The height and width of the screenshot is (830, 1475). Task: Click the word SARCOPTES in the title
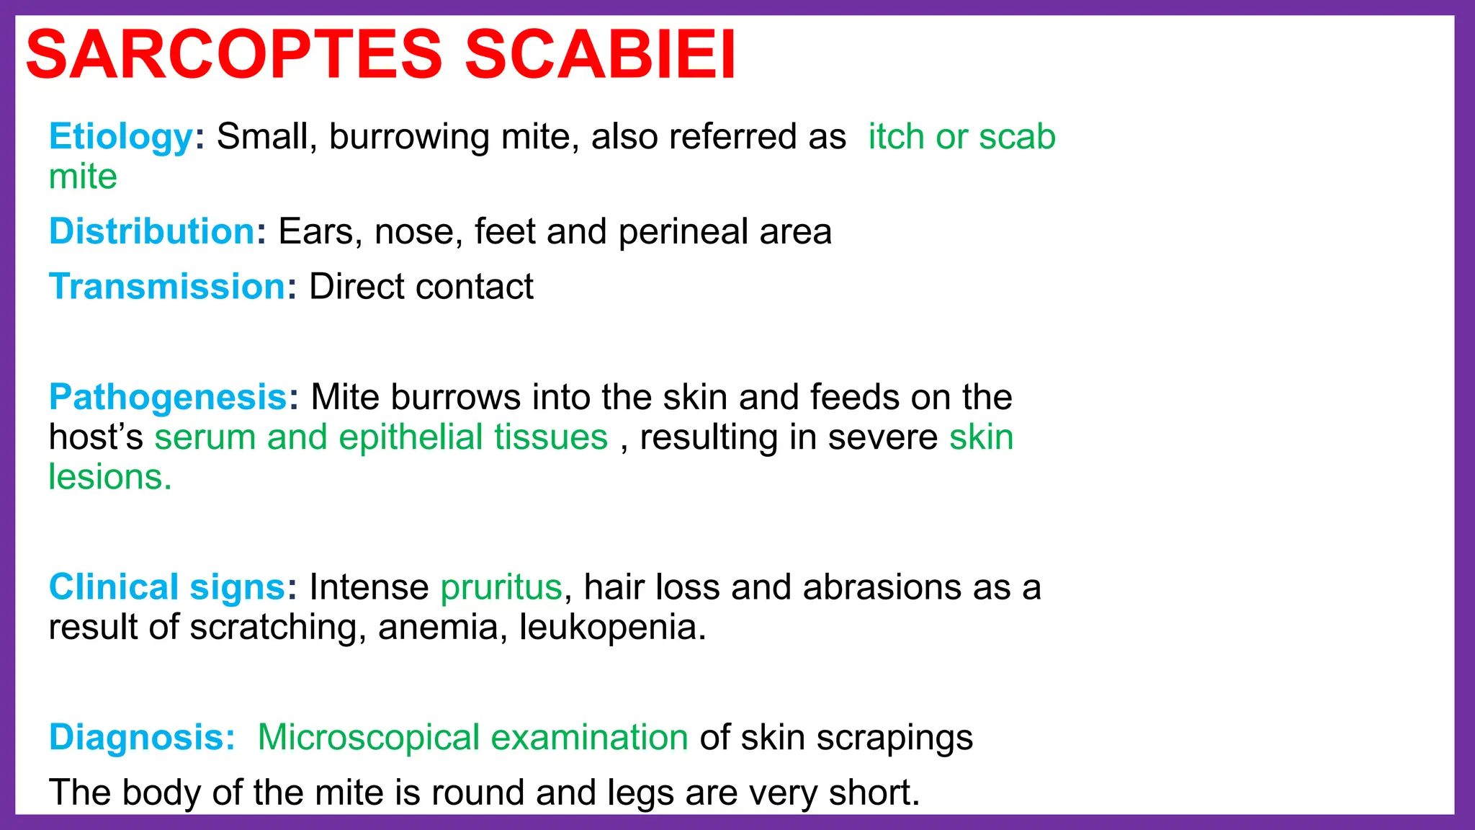pos(234,55)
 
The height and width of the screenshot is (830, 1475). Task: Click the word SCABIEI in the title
pos(601,55)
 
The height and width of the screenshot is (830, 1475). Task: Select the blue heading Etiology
pos(121,136)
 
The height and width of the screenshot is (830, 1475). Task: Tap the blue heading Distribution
pos(152,231)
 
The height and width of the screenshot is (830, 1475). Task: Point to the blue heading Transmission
pos(167,287)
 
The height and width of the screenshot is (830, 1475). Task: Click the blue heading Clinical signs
pos(167,587)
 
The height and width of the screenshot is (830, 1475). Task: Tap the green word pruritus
pos(501,587)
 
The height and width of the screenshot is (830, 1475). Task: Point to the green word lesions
pos(109,477)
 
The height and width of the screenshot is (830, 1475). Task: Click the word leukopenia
pos(611,627)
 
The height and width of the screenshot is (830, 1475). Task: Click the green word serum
pos(205,438)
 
